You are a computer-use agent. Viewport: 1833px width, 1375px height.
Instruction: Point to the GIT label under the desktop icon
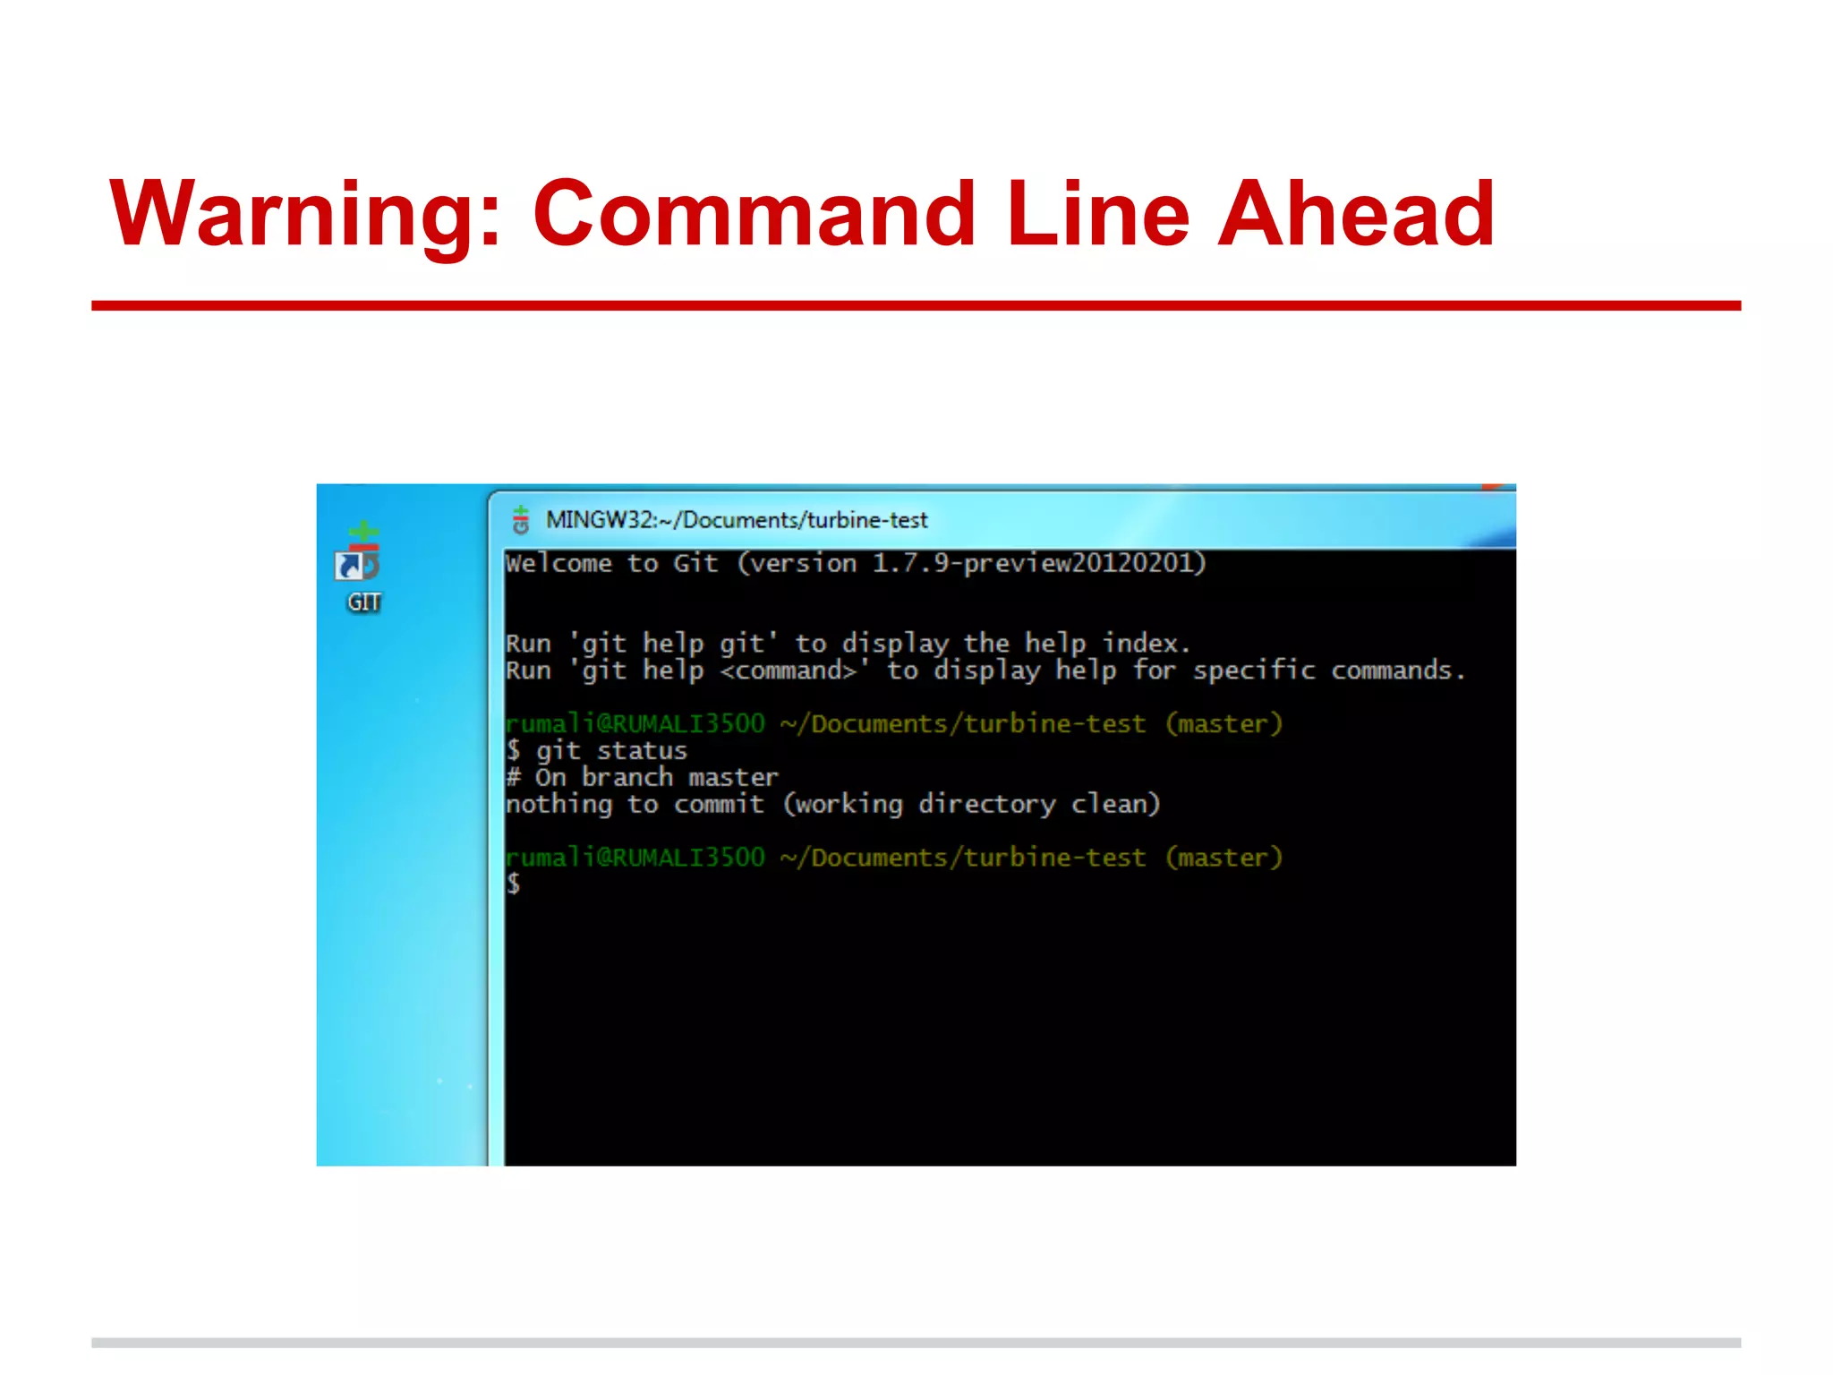click(x=364, y=602)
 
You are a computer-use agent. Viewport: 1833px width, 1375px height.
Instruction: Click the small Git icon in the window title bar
click(x=521, y=519)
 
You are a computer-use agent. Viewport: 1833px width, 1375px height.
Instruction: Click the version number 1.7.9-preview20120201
click(x=1038, y=563)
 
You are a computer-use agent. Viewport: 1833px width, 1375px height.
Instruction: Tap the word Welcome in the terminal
click(x=558, y=564)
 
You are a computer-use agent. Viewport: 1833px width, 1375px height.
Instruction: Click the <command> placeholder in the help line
click(x=789, y=670)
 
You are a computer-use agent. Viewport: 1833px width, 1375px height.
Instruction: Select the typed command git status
click(x=611, y=750)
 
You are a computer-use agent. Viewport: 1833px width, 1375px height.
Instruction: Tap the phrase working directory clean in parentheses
click(x=972, y=804)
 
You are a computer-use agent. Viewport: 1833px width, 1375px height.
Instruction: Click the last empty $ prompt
click(x=514, y=884)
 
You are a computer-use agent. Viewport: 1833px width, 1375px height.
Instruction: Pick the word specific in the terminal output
click(x=1253, y=670)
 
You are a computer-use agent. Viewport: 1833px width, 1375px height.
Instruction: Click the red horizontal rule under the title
click(x=916, y=306)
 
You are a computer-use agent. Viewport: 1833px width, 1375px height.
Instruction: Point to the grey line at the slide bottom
click(x=916, y=1343)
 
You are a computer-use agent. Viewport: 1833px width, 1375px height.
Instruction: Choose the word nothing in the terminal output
click(x=558, y=804)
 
